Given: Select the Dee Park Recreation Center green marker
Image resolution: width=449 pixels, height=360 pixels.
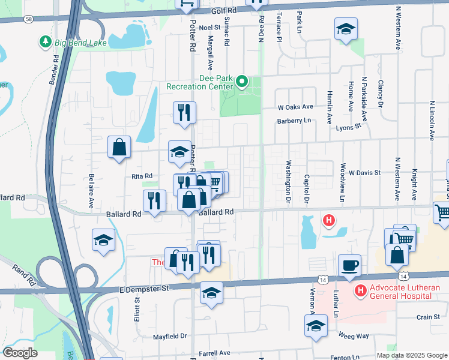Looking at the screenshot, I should (241, 80).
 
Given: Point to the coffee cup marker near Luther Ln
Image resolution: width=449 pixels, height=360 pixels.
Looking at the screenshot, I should (349, 265).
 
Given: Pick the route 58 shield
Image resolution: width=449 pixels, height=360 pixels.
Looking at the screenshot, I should (29, 19).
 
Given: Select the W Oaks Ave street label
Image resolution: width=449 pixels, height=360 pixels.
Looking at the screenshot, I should (295, 107).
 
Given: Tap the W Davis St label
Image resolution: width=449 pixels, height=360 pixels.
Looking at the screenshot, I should (365, 172).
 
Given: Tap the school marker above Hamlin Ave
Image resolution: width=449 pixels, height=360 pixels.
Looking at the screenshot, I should (345, 28).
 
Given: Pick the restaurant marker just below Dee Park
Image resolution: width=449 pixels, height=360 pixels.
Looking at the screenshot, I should (184, 112).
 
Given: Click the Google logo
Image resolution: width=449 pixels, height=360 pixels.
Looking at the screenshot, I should (20, 353).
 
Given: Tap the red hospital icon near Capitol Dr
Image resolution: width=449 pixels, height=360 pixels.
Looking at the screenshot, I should (328, 221).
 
